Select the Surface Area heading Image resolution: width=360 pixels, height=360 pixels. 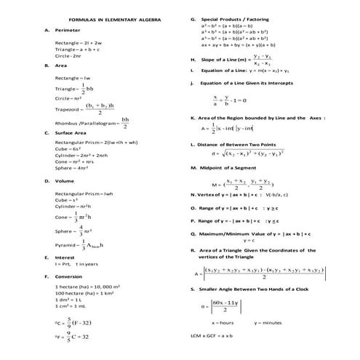coord(71,133)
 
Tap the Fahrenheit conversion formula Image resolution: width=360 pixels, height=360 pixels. coord(71,337)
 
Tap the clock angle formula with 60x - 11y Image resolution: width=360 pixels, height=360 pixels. coord(223,306)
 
